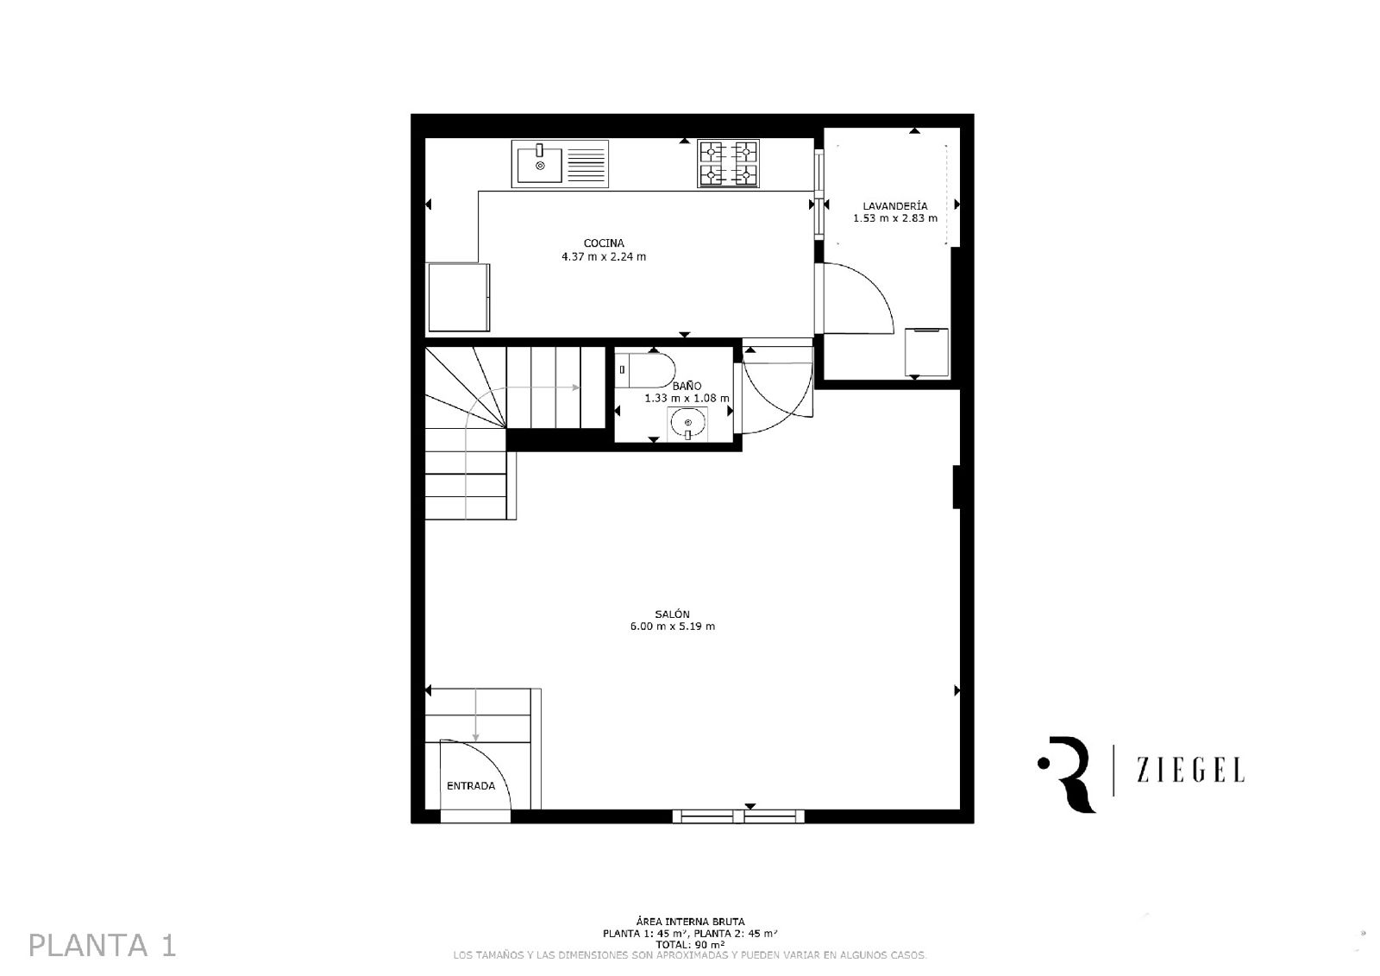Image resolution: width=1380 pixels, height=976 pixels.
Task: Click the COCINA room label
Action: [x=604, y=243]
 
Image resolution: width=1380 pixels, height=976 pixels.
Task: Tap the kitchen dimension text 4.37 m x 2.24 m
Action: [x=604, y=256]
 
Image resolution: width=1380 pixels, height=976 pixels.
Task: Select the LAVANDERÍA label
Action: [x=895, y=206]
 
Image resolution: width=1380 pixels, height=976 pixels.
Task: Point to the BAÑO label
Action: [x=687, y=386]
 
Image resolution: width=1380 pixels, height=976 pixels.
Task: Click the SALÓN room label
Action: [x=672, y=614]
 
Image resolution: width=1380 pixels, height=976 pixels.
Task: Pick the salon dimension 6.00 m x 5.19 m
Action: [x=672, y=627]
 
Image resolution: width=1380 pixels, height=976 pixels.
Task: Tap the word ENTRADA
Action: [x=471, y=786]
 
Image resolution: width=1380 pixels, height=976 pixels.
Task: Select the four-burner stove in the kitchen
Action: [x=728, y=163]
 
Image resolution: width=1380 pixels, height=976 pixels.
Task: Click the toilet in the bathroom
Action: [x=644, y=370]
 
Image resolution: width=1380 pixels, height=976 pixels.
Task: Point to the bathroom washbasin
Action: [x=687, y=425]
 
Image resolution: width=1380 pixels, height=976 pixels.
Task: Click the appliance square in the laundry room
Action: [x=926, y=352]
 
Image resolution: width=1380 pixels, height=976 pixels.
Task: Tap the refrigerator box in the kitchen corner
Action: [x=459, y=297]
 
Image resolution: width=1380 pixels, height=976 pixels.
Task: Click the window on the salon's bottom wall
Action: [x=738, y=817]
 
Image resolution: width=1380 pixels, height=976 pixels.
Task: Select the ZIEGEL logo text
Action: [x=1190, y=771]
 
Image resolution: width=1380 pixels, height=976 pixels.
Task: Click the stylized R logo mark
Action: [x=1067, y=774]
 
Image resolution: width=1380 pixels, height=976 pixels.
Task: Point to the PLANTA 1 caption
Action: [x=103, y=946]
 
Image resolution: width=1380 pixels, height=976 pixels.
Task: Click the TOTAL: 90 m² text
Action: [x=690, y=945]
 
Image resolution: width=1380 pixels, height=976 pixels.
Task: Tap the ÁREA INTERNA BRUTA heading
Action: [x=690, y=922]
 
